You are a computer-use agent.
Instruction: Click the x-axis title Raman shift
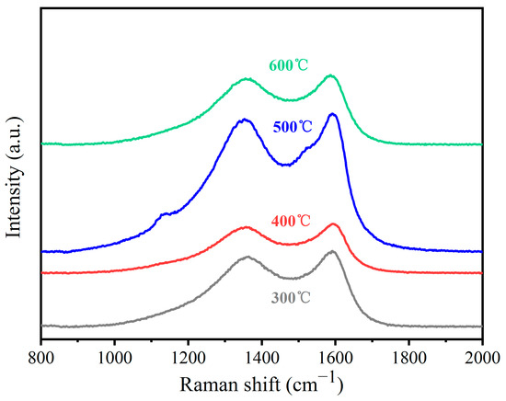coord(261,382)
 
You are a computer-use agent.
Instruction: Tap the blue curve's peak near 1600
coord(333,114)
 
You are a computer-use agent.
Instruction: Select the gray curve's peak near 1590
coord(332,251)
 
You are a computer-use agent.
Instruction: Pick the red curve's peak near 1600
coord(334,223)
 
